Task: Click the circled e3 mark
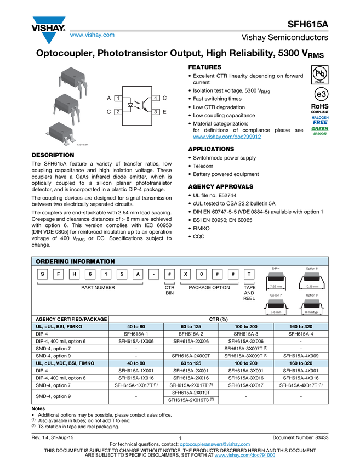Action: (319, 94)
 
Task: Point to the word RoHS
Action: (319, 106)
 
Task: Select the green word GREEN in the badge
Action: (319, 129)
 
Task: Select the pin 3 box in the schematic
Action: (156, 112)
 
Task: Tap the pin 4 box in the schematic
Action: (156, 98)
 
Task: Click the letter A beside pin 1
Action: (109, 98)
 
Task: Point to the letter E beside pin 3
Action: (165, 112)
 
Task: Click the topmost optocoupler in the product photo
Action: (70, 78)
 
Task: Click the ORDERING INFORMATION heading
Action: (75, 262)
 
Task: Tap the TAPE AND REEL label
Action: (249, 293)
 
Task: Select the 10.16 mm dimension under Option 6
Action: (313, 286)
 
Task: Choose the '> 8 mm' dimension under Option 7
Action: (276, 312)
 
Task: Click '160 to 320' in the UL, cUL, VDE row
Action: (301, 363)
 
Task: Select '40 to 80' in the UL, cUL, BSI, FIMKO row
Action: (136, 327)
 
